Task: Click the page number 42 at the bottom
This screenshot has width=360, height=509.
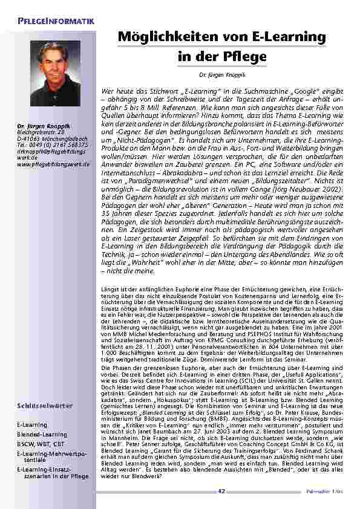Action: click(221, 491)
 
